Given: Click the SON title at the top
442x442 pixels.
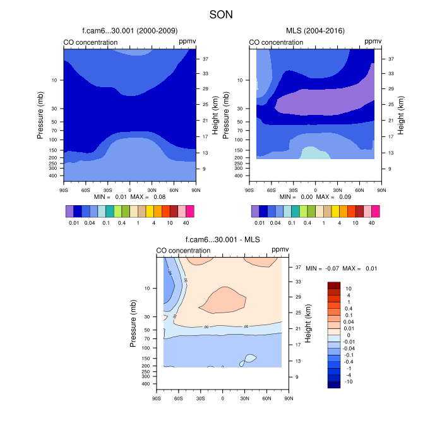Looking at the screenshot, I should pos(221,13).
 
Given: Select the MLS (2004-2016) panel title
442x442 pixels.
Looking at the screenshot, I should pos(314,30).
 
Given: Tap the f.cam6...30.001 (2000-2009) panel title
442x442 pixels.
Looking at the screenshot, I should pos(129,30).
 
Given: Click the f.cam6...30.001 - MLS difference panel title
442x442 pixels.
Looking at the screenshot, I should pos(222,239).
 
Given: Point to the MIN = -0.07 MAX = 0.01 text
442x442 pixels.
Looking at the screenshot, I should pos(341,268).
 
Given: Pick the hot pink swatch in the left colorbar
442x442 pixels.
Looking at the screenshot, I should pos(189,211).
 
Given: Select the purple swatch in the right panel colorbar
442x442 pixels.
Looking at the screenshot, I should pos(256,211).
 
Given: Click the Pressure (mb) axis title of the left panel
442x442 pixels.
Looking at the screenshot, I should pos(40,114).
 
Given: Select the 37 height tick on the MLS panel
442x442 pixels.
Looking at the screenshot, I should pos(391,59).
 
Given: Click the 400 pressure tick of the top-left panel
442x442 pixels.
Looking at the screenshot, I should pos(53,176).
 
